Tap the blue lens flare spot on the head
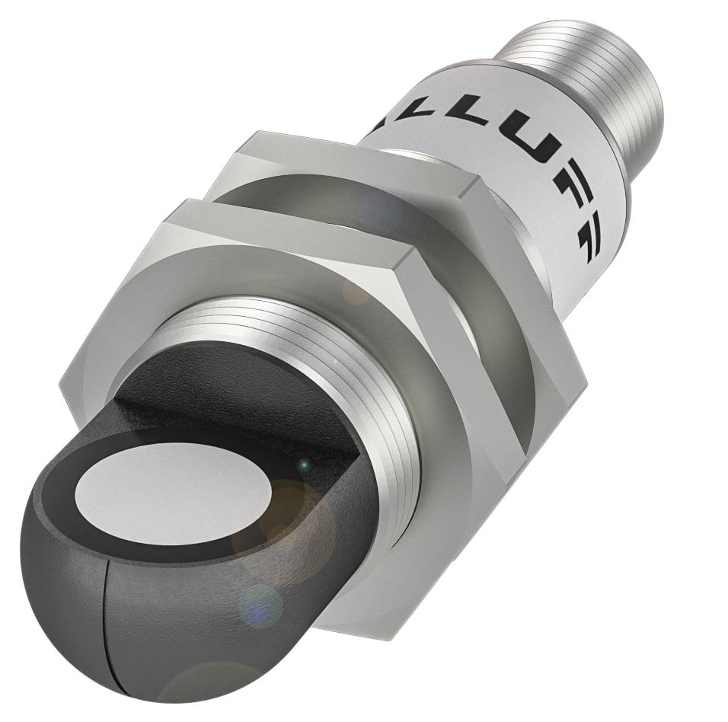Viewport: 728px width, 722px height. (260, 606)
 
